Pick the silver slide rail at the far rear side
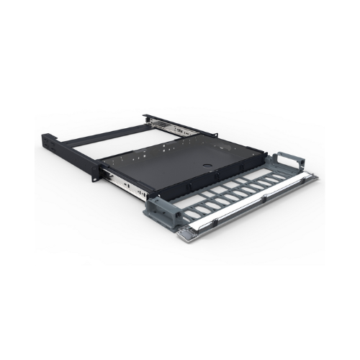[x=174, y=127]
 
